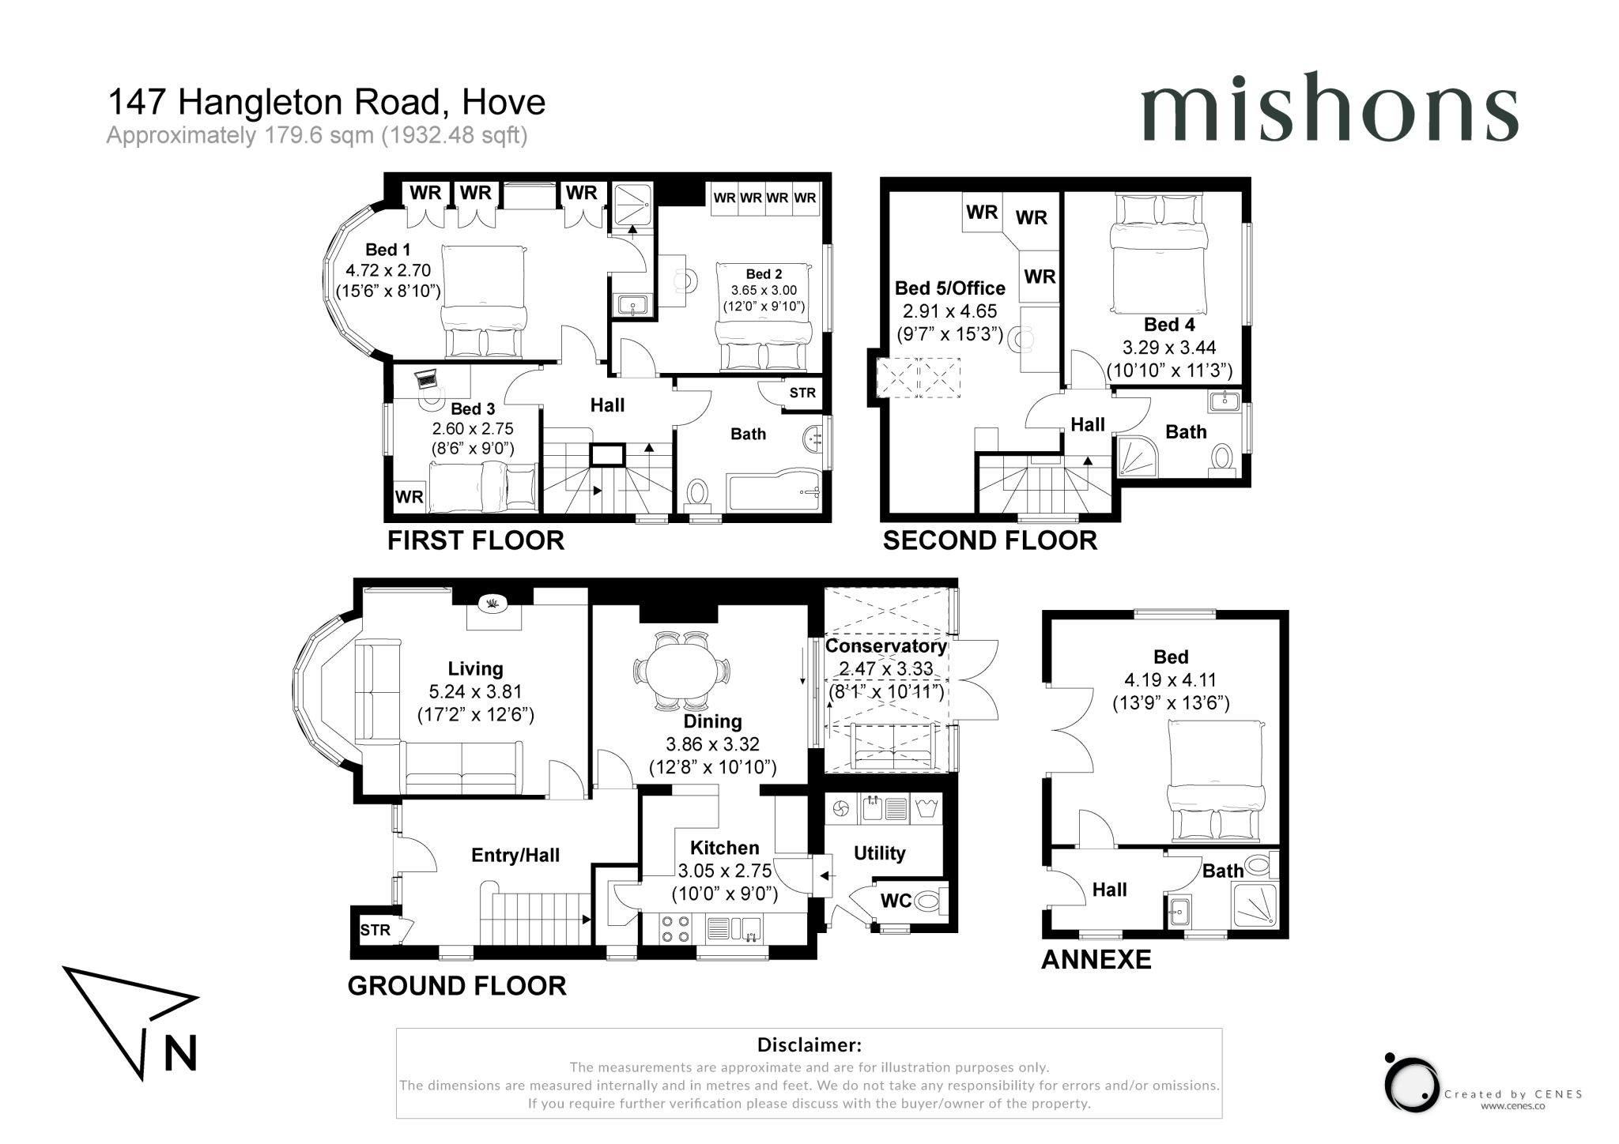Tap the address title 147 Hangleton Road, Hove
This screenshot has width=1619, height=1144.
point(326,102)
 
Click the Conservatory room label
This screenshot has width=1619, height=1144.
point(885,645)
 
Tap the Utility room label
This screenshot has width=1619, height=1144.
point(879,853)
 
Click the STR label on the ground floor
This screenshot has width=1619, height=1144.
point(375,930)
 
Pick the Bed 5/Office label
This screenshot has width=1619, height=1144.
point(949,288)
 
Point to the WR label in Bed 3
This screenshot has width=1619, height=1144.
point(409,497)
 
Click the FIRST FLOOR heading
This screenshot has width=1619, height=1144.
point(476,540)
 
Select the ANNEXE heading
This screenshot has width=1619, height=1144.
point(1096,959)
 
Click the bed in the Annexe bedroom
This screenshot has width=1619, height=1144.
point(1216,781)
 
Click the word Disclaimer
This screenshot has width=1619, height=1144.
point(809,1045)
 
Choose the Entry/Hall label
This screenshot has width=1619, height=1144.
point(515,855)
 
